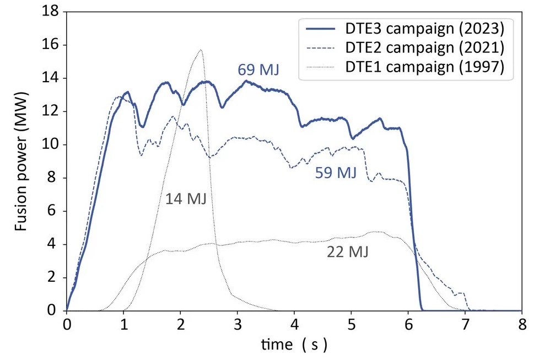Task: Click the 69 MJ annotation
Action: pyautogui.click(x=259, y=70)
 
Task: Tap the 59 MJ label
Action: pyautogui.click(x=336, y=173)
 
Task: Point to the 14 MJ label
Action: pyautogui.click(x=186, y=198)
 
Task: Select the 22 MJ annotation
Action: pyautogui.click(x=348, y=252)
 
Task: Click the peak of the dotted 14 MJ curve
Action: pyautogui.click(x=201, y=50)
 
